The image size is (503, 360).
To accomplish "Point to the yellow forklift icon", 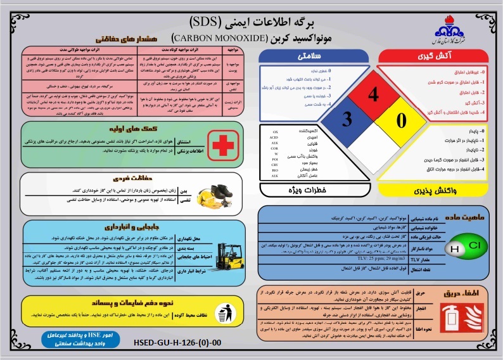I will coord(226,250).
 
